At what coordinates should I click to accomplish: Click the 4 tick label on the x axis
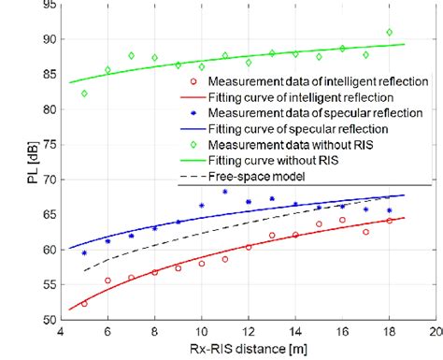61,332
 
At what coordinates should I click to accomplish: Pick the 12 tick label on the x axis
248,332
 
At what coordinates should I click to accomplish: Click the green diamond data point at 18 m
390,33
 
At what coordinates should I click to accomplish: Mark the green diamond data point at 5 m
84,94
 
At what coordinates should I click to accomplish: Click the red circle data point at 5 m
84,304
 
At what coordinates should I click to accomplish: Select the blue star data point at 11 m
225,192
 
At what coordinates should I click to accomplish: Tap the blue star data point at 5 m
84,252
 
